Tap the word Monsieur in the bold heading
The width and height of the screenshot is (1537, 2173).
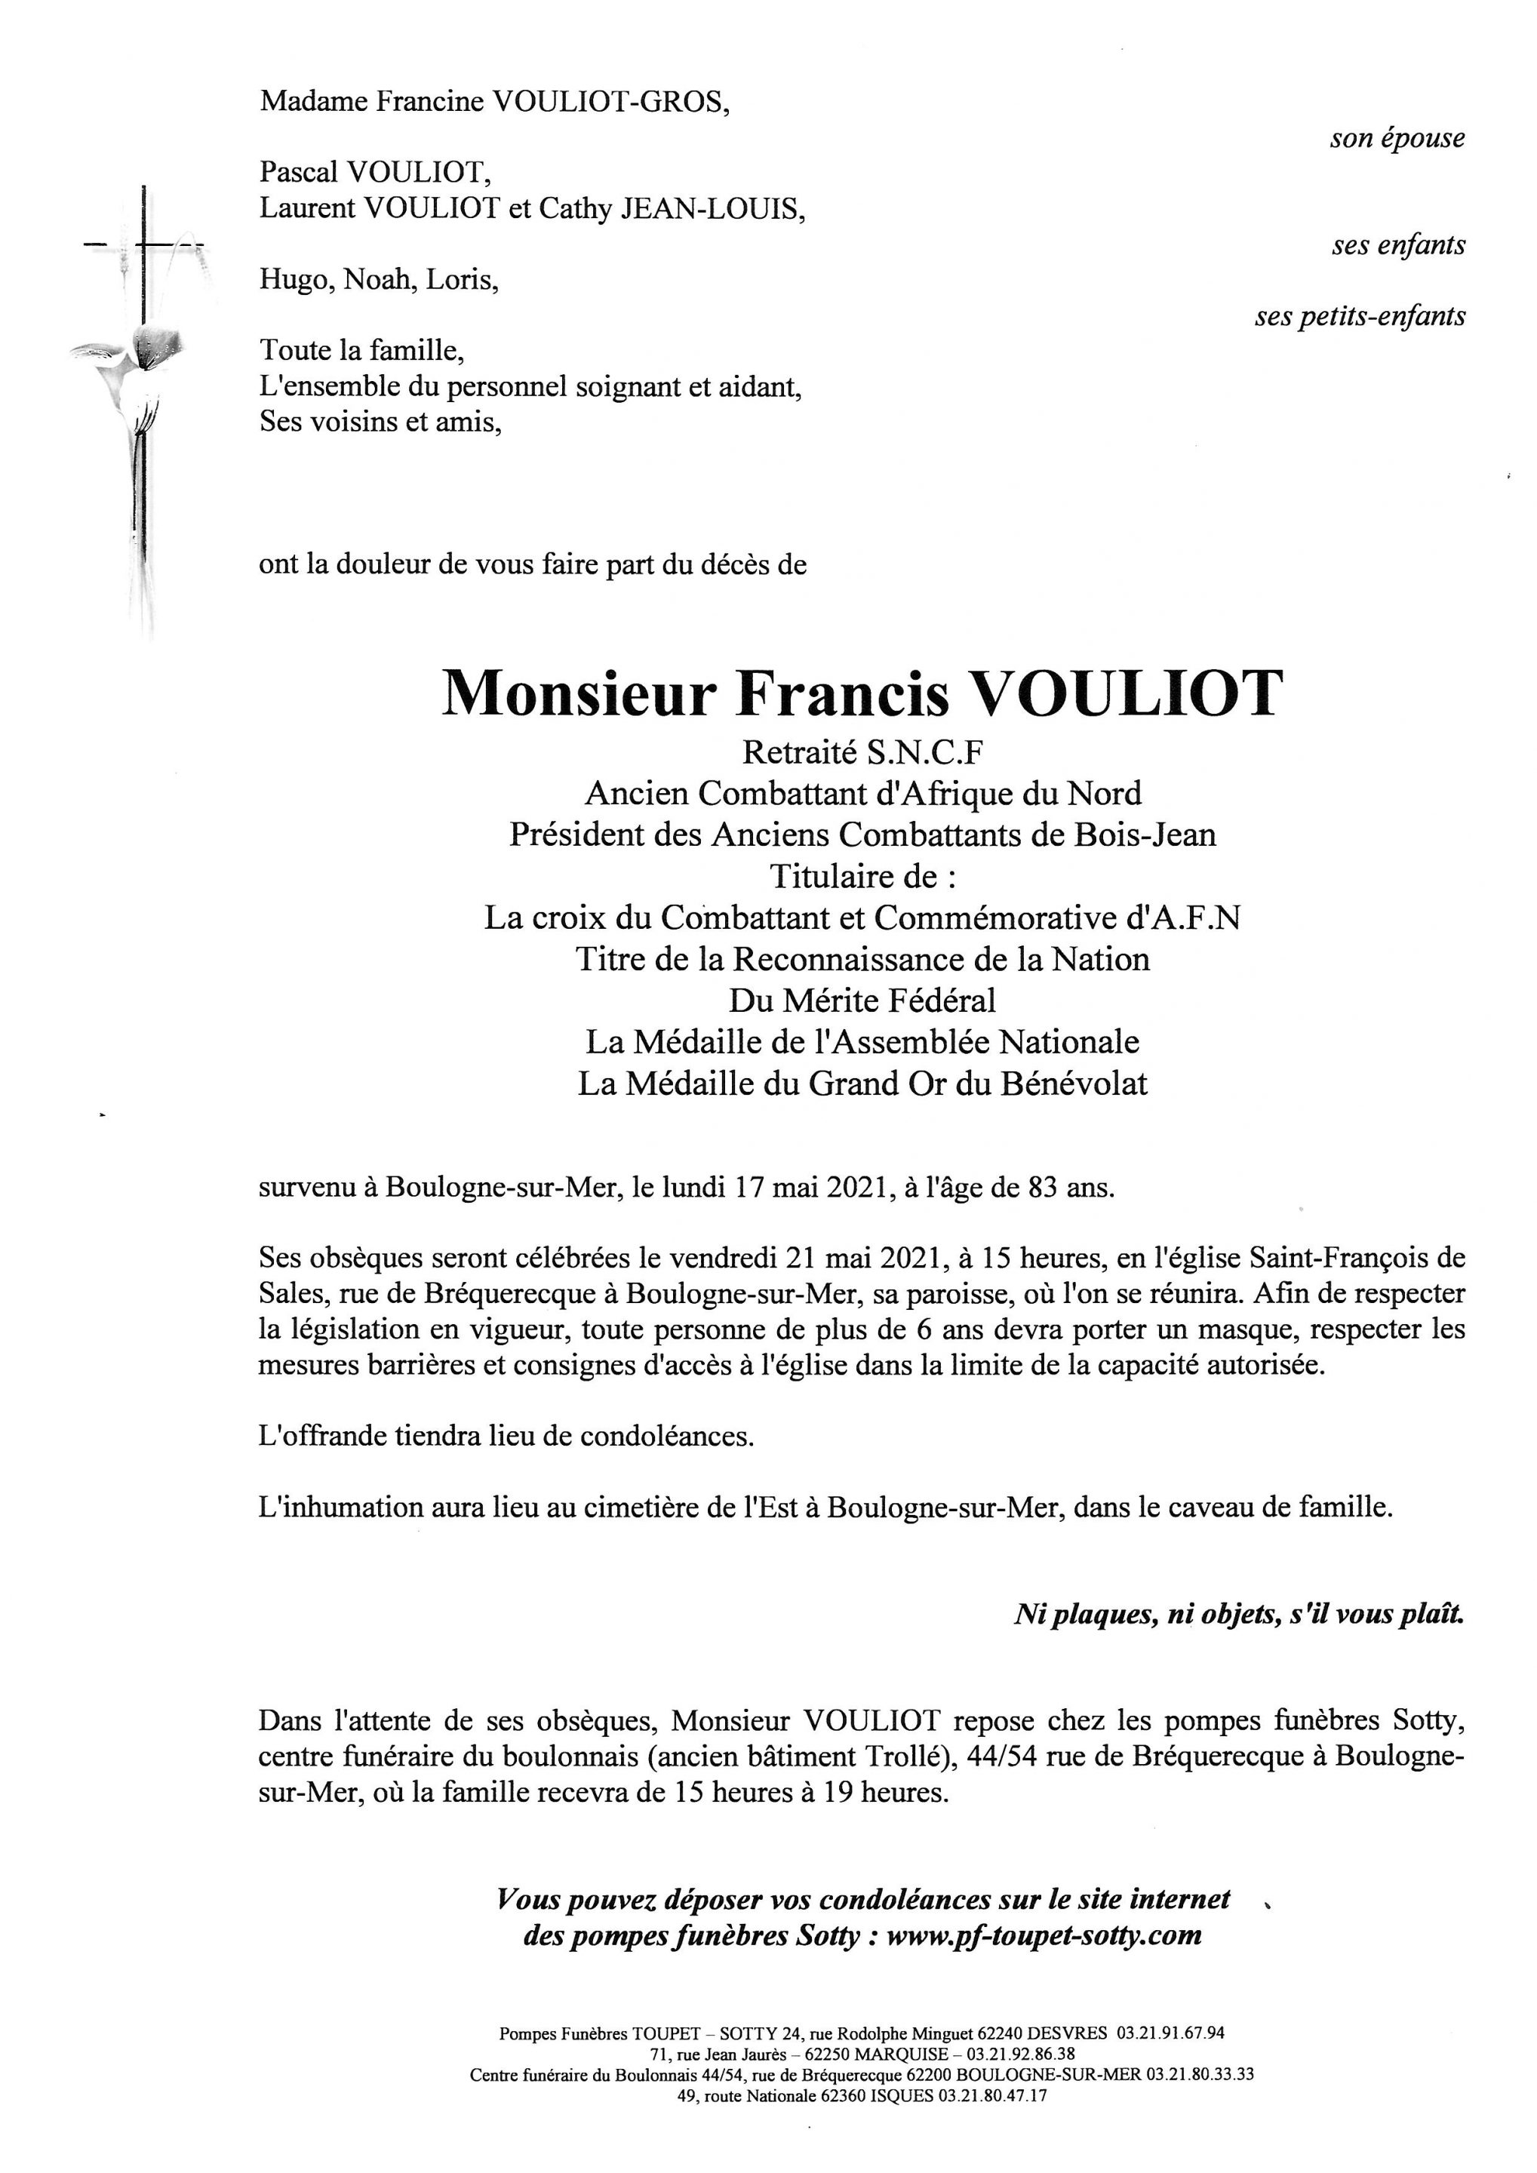577,693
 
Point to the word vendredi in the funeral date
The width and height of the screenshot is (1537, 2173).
725,1258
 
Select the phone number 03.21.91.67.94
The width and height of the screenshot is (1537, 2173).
1171,2032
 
